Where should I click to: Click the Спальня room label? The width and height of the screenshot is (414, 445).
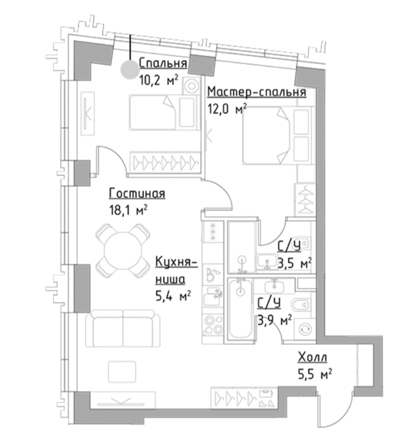point(163,64)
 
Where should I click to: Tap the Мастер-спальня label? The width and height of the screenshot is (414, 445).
point(257,92)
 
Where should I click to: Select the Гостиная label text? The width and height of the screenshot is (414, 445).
point(137,193)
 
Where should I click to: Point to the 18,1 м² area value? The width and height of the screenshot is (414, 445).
point(128,210)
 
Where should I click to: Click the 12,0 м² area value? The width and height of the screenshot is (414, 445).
point(227,109)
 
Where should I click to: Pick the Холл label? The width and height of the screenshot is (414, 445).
point(312,357)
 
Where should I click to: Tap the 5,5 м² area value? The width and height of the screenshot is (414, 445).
point(315,374)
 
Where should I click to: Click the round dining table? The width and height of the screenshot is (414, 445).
point(123,250)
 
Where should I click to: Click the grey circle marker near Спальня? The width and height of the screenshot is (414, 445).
point(130,70)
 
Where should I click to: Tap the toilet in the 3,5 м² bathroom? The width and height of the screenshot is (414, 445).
point(303,242)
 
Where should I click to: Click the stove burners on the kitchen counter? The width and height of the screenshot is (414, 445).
point(214,324)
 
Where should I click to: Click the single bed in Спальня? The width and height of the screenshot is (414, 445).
point(164,113)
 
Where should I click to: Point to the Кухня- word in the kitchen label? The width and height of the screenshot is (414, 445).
point(176,261)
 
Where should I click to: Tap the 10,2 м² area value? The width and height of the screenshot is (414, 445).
point(159,80)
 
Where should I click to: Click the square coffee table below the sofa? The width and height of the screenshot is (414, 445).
point(122,372)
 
